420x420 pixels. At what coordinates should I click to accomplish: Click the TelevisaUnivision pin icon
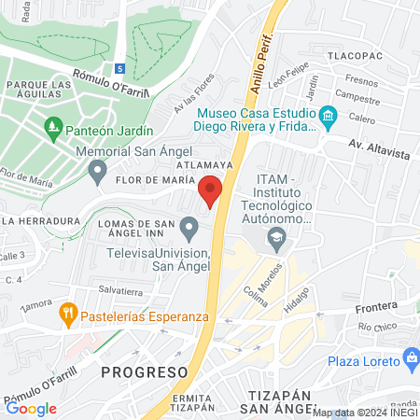point(190,227)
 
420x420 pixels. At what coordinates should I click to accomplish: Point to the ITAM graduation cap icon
point(276,240)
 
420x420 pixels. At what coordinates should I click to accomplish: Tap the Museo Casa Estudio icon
point(327,116)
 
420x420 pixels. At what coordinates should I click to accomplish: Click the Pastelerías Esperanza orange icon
point(67,313)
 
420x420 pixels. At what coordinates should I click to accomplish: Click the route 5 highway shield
point(119,68)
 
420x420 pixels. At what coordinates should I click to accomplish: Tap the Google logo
point(31,408)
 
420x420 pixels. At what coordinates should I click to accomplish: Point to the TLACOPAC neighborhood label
point(356,56)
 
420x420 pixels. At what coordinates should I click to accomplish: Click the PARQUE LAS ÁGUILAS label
point(37,91)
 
